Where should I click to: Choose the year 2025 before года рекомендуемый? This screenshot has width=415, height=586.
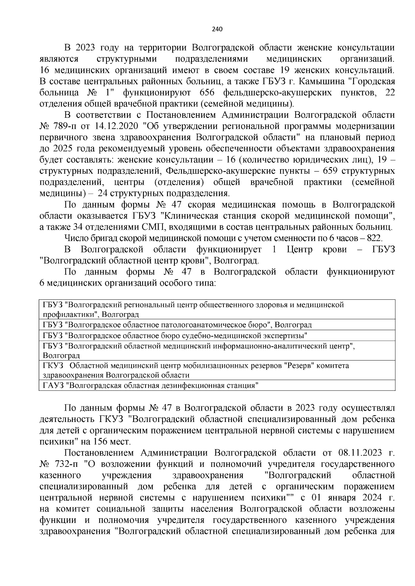click(63, 148)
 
